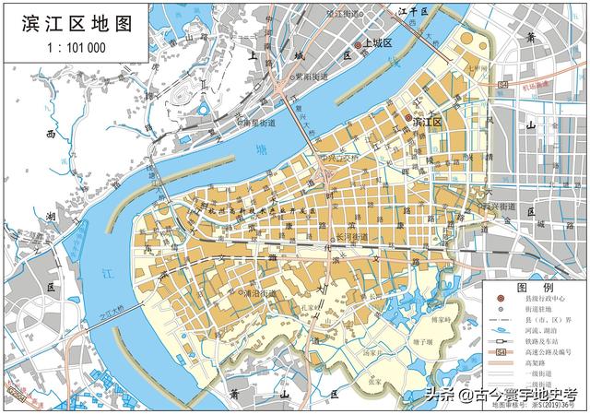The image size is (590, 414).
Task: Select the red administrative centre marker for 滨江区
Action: tap(409, 119)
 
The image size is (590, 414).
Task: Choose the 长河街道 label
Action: tap(355, 237)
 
